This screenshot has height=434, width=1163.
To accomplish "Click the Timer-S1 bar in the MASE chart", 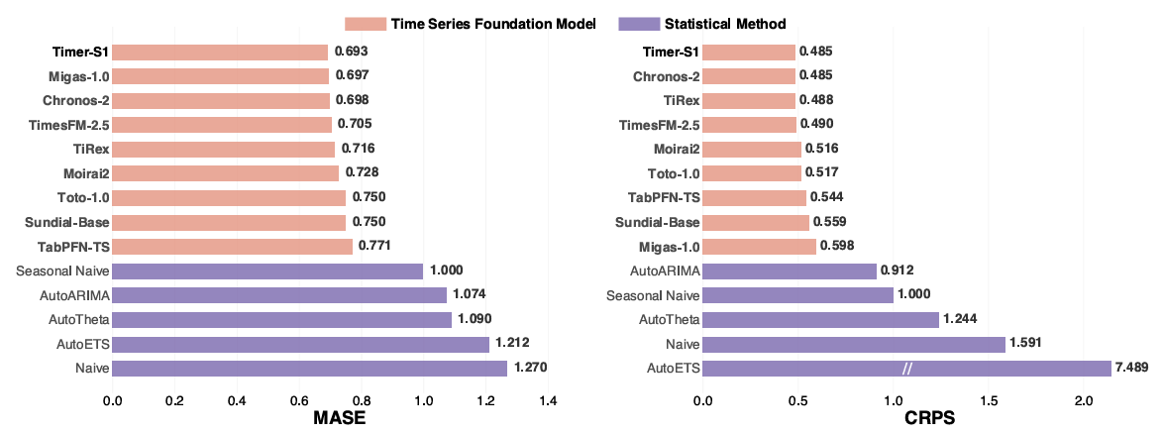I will point(220,53).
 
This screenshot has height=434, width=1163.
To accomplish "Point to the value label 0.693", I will point(353,53).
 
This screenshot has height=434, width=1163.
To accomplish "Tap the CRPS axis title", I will point(929,419).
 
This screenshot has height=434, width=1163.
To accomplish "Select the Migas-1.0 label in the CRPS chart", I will point(666,246).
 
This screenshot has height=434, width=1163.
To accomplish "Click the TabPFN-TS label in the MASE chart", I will point(74,246).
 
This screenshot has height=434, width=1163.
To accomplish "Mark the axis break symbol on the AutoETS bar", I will point(906,369).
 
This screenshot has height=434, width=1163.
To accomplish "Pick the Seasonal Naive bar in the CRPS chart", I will point(797,294).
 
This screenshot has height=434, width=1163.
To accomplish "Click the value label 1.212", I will point(514,344).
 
